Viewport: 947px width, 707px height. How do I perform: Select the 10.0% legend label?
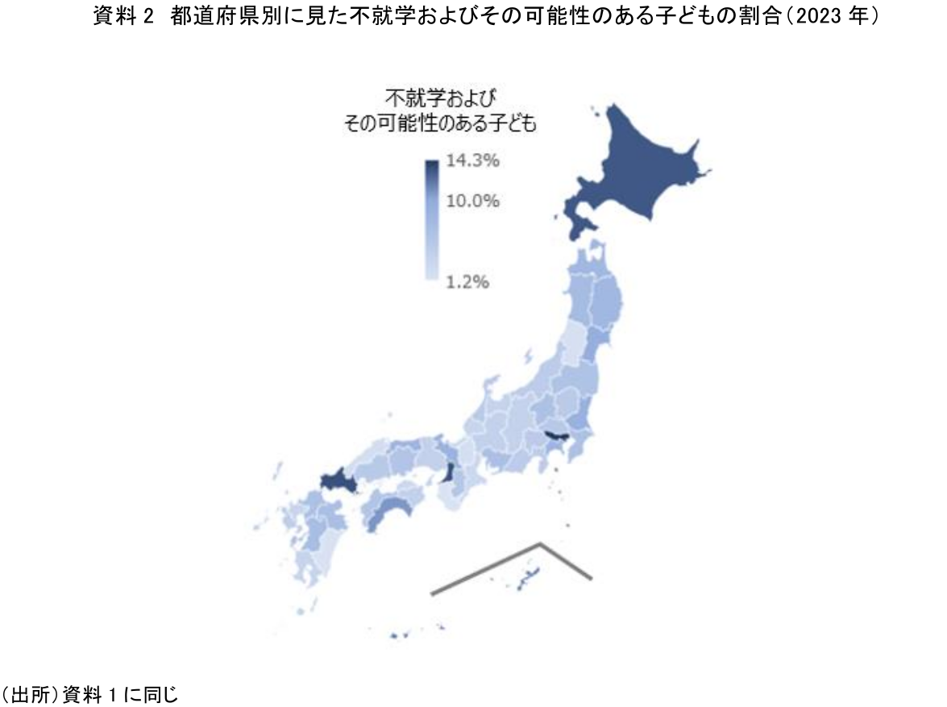click(471, 200)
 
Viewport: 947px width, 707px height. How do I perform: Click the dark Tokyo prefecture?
click(555, 439)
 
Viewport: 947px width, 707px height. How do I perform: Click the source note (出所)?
click(89, 692)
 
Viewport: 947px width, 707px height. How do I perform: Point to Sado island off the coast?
click(529, 356)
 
